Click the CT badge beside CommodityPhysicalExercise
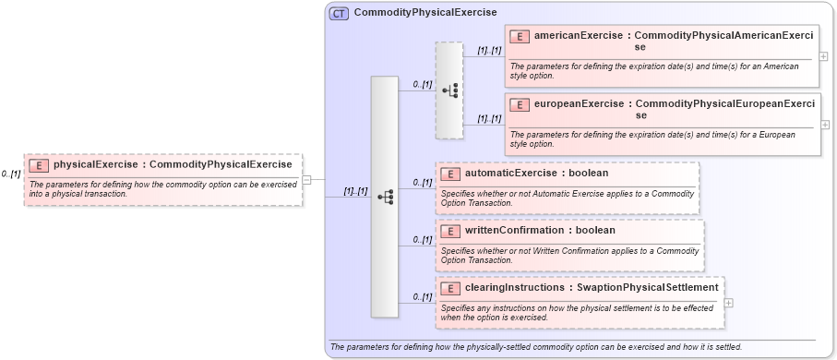[x=339, y=13]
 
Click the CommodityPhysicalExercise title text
[x=425, y=13]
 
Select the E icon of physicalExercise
[x=39, y=165]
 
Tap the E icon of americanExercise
[x=520, y=36]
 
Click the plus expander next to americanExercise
[x=823, y=56]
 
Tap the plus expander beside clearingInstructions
[x=729, y=302]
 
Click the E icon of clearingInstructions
[x=450, y=288]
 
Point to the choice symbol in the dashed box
[x=449, y=90]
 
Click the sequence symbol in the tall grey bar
[x=385, y=197]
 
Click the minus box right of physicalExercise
[x=306, y=180]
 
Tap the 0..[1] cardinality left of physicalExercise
[x=11, y=174]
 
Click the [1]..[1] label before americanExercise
[x=489, y=51]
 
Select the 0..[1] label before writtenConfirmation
[x=422, y=240]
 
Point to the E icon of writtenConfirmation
[x=450, y=231]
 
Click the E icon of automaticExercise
[x=450, y=174]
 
